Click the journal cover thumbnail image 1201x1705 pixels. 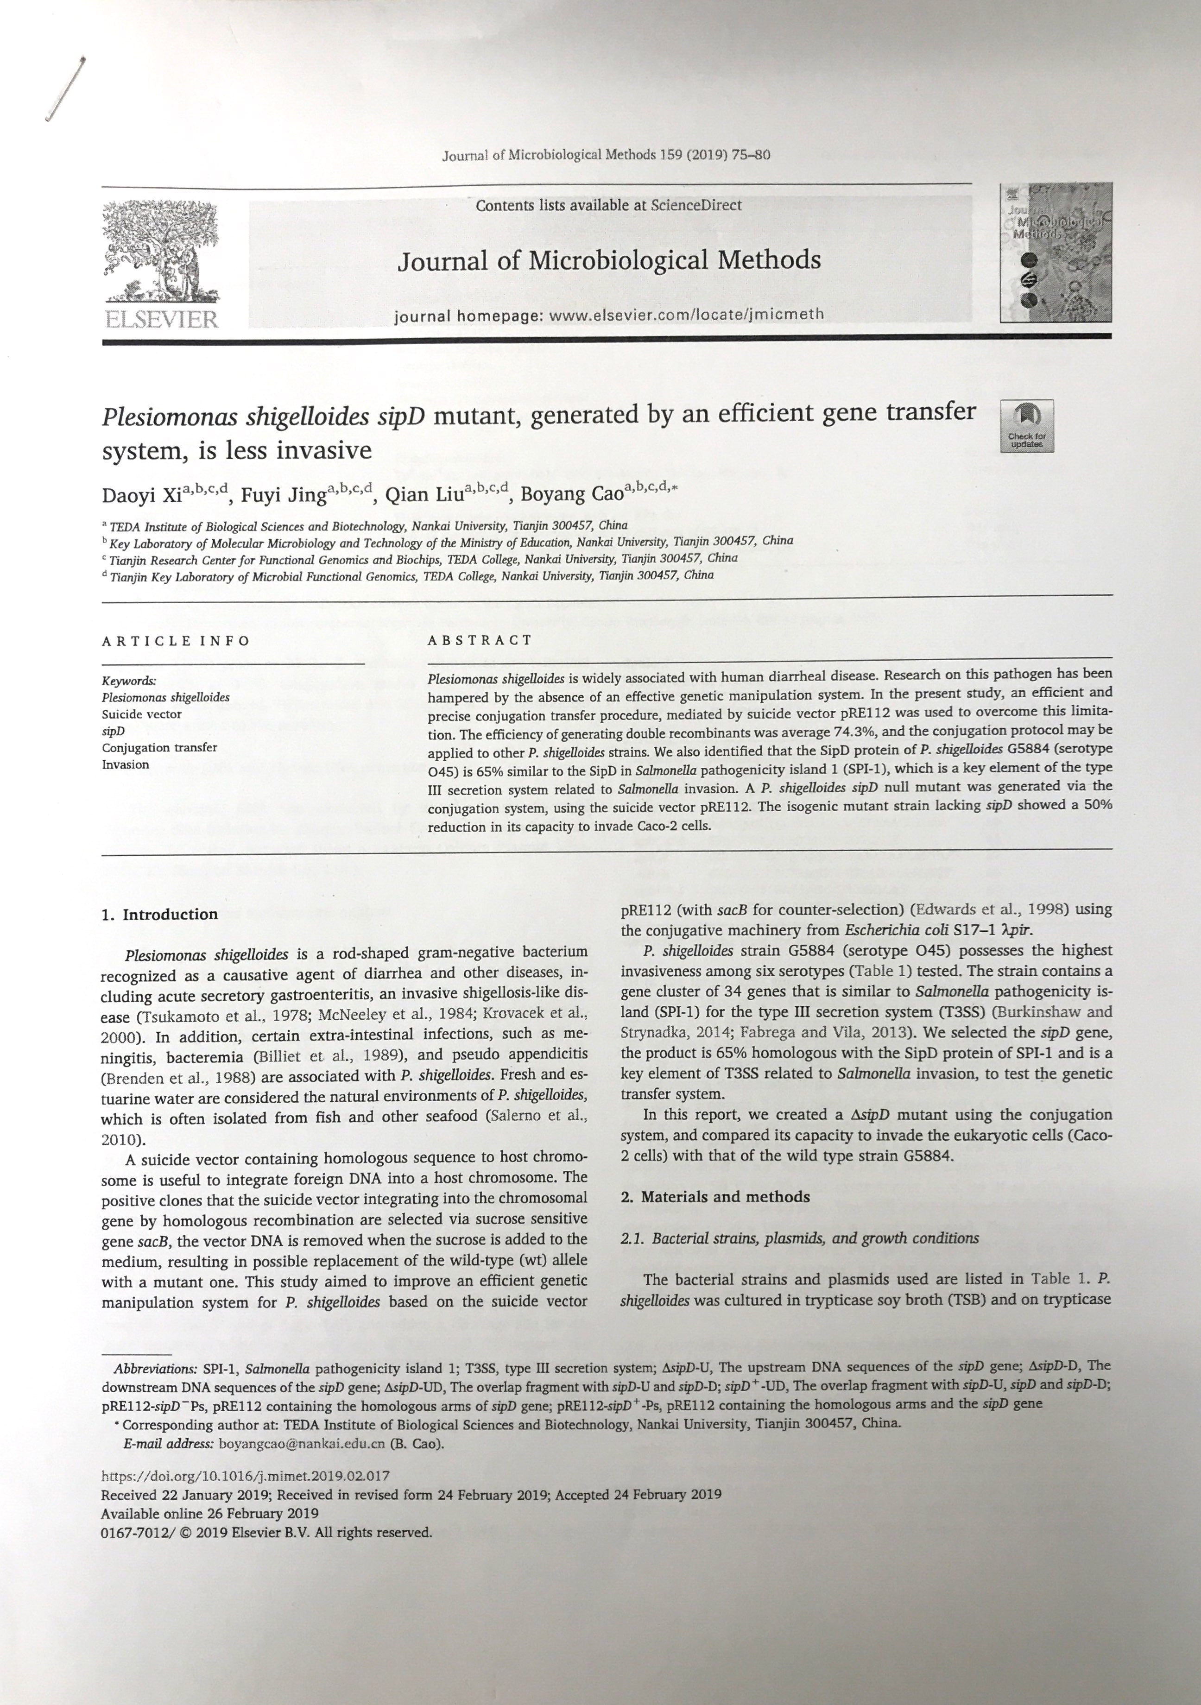click(x=1056, y=253)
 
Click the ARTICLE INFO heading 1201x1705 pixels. click(x=176, y=641)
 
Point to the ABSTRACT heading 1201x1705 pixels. click(x=480, y=640)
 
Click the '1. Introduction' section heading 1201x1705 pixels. click(x=160, y=914)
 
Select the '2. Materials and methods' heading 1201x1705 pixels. click(x=714, y=1196)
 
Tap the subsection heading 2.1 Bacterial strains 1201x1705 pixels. click(x=799, y=1238)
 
